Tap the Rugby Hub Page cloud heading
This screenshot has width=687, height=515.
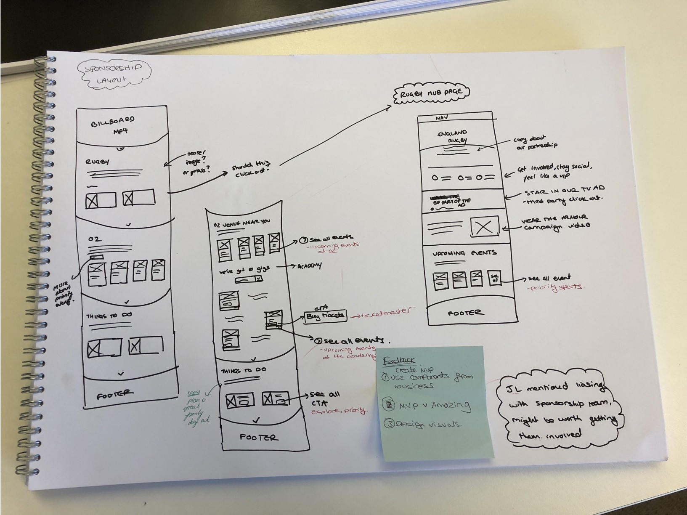coord(431,93)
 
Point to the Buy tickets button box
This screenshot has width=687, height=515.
coord(325,316)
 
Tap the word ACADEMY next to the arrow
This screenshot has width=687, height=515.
coord(309,266)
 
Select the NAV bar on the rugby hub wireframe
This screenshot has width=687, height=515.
coord(454,118)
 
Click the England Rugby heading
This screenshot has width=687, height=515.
coord(452,136)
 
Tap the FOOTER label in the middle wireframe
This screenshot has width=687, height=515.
coord(259,437)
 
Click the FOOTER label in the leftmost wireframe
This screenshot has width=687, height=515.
coord(115,395)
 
